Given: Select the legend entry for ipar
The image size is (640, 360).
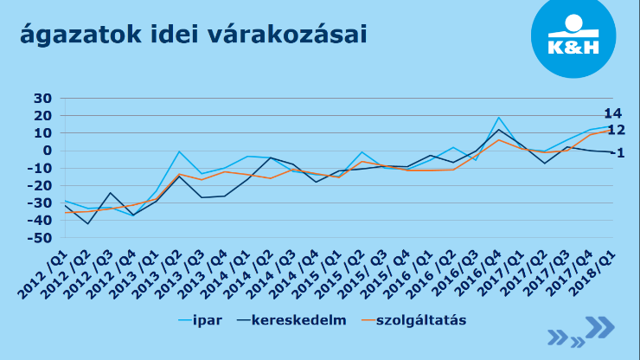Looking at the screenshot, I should [208, 320].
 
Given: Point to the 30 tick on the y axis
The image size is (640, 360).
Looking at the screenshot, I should [42, 99].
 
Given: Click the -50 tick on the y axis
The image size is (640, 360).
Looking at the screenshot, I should [39, 237].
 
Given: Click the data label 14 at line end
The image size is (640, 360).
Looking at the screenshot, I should [613, 114].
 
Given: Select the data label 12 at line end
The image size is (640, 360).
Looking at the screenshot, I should [616, 131].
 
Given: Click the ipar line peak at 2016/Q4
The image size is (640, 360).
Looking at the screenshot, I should [499, 118].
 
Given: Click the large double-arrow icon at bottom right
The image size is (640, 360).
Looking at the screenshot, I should [599, 326].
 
